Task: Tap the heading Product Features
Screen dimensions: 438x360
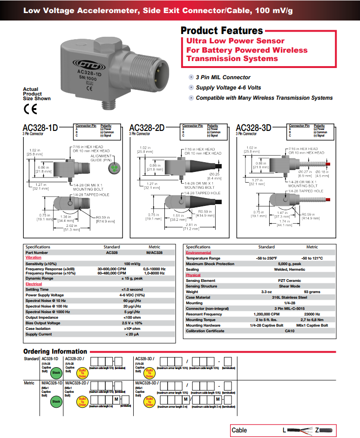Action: click(x=222, y=31)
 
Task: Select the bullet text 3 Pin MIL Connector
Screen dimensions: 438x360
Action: click(x=223, y=77)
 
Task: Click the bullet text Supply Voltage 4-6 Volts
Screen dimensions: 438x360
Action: click(x=228, y=88)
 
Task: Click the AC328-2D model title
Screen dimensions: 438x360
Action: click(x=147, y=128)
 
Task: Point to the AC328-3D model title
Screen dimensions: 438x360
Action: click(x=254, y=128)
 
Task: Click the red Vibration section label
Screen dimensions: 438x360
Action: click(x=33, y=258)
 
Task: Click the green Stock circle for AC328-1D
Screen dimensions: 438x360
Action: click(x=56, y=373)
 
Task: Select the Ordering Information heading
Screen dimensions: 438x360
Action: click(x=55, y=351)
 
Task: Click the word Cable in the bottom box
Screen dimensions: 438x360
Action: click(x=239, y=430)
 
